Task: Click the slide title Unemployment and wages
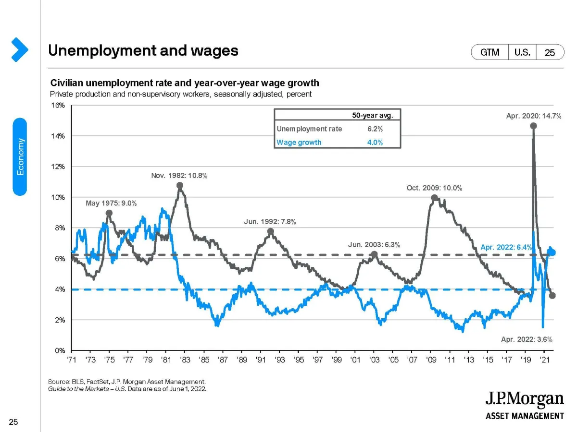tap(143, 50)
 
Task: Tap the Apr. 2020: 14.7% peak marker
tap(533, 126)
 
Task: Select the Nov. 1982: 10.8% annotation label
tap(179, 176)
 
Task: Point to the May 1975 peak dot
tap(109, 213)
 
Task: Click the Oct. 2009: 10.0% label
tap(434, 188)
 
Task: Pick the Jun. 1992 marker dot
tap(271, 231)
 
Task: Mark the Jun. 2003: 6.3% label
tap(374, 245)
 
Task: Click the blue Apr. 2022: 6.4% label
tap(506, 247)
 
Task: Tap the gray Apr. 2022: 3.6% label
tap(527, 339)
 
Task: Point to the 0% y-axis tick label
tap(59, 350)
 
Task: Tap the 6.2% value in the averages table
tap(375, 129)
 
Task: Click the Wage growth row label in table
tap(299, 142)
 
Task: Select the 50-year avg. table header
tap(373, 115)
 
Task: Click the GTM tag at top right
tap(490, 52)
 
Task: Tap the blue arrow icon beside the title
tap(19, 49)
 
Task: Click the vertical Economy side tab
tap(20, 156)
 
